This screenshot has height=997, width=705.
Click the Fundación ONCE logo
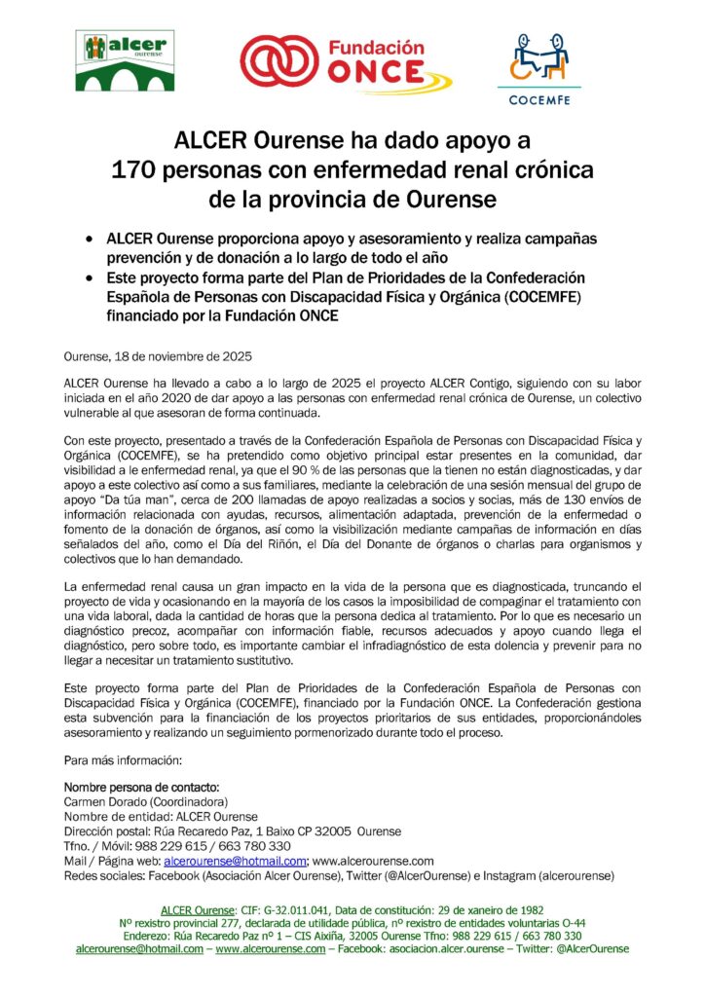(347, 63)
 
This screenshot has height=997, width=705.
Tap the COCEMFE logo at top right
(539, 68)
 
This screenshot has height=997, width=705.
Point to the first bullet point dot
(91, 239)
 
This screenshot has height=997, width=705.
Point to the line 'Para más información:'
(122, 758)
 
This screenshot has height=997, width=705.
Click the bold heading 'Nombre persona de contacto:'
(141, 786)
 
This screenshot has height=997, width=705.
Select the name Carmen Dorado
(104, 801)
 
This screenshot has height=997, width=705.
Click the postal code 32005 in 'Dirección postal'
(330, 831)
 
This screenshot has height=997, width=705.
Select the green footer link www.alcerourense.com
(270, 948)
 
